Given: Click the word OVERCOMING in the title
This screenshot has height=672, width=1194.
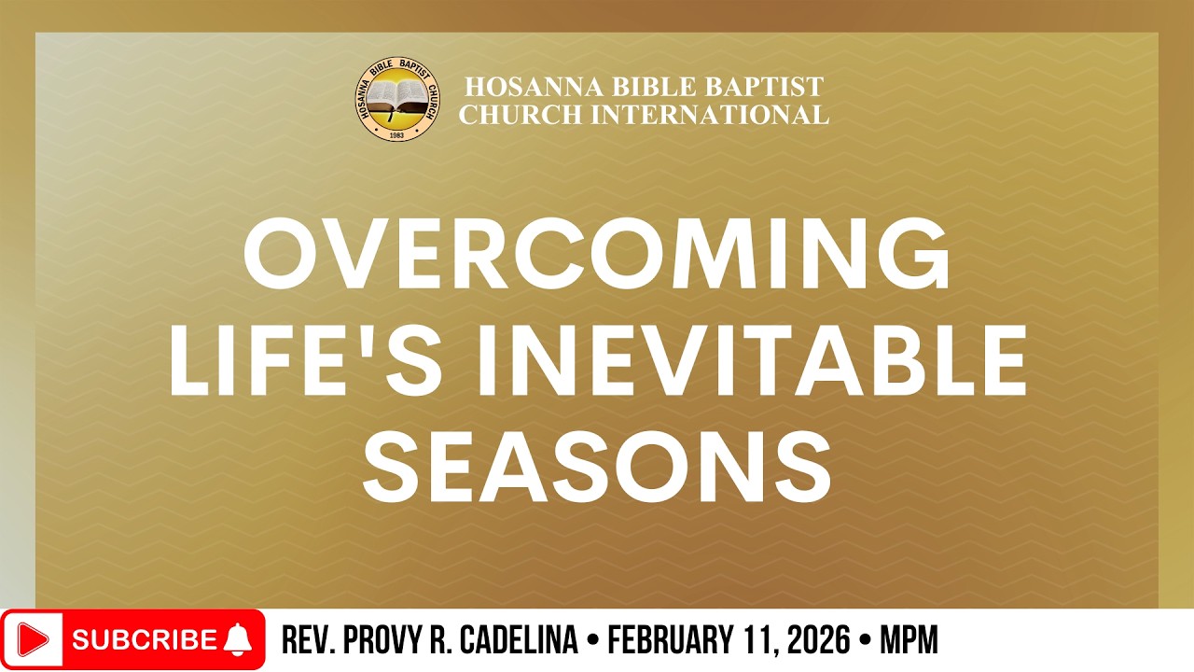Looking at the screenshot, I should pos(597,257).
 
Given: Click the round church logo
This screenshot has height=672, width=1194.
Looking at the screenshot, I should pos(391,100).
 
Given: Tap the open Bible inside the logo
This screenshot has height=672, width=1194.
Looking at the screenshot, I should pos(391,97).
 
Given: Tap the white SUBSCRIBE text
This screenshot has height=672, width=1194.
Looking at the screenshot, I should pos(144,640).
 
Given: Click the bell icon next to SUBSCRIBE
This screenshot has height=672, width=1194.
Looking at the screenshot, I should pos(239,639).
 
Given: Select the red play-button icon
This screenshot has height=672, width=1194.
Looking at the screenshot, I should pos(34,640).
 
